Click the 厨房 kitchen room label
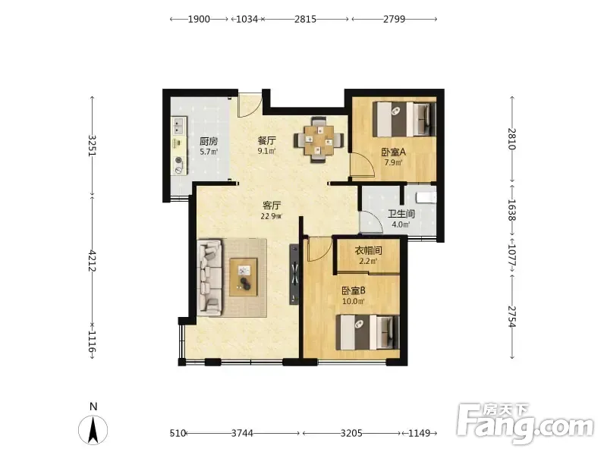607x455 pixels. pos(209,141)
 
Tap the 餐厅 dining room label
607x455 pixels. pos(267,140)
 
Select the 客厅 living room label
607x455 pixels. pos(272,205)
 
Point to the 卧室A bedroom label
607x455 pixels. pos(393,152)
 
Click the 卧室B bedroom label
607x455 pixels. pos(354,290)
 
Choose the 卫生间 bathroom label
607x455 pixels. pos(401,214)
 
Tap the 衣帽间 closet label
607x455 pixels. pos(368,250)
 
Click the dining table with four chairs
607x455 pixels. pos(319,140)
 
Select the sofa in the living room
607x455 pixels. pos(210,278)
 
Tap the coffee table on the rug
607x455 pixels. pos(244,278)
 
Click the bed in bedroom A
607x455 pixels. pos(404,119)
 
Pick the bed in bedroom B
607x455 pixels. pos(368,332)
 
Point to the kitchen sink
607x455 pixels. pos(178,126)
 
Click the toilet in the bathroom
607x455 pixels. pos(426,196)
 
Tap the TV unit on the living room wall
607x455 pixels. pos(294,275)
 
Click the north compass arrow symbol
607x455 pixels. pos(93,429)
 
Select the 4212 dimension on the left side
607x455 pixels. pos(92,260)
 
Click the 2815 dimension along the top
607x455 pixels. pos(306,19)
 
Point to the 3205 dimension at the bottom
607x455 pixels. pos(351,433)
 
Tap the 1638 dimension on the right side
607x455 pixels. pos(511,210)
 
